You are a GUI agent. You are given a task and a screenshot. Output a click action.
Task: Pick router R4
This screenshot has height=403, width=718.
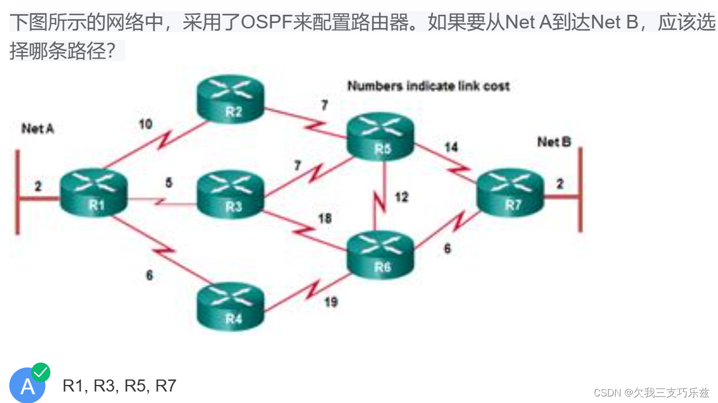pyautogui.click(x=230, y=307)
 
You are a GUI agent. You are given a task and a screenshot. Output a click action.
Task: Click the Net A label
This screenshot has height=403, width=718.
pyautogui.click(x=38, y=129)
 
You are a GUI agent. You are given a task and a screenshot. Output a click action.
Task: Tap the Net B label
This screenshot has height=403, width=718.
pyautogui.click(x=554, y=142)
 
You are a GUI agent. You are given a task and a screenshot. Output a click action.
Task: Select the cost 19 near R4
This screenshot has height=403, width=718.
pyautogui.click(x=331, y=301)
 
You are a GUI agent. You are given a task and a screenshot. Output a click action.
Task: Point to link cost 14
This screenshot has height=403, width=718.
pyautogui.click(x=451, y=147)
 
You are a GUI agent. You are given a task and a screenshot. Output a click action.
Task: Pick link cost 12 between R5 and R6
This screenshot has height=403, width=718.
pyautogui.click(x=402, y=197)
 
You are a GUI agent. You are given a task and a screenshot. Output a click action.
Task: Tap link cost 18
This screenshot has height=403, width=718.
pyautogui.click(x=325, y=219)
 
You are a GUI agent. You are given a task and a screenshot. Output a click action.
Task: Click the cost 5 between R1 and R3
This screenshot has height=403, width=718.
pyautogui.click(x=169, y=183)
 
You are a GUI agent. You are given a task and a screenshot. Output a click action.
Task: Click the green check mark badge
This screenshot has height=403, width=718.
pyautogui.click(x=41, y=372)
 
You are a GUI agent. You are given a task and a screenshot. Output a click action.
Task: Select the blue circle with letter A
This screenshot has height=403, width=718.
pyautogui.click(x=27, y=386)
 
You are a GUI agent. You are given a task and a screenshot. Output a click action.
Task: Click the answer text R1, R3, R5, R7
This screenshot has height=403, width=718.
pyautogui.click(x=119, y=386)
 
